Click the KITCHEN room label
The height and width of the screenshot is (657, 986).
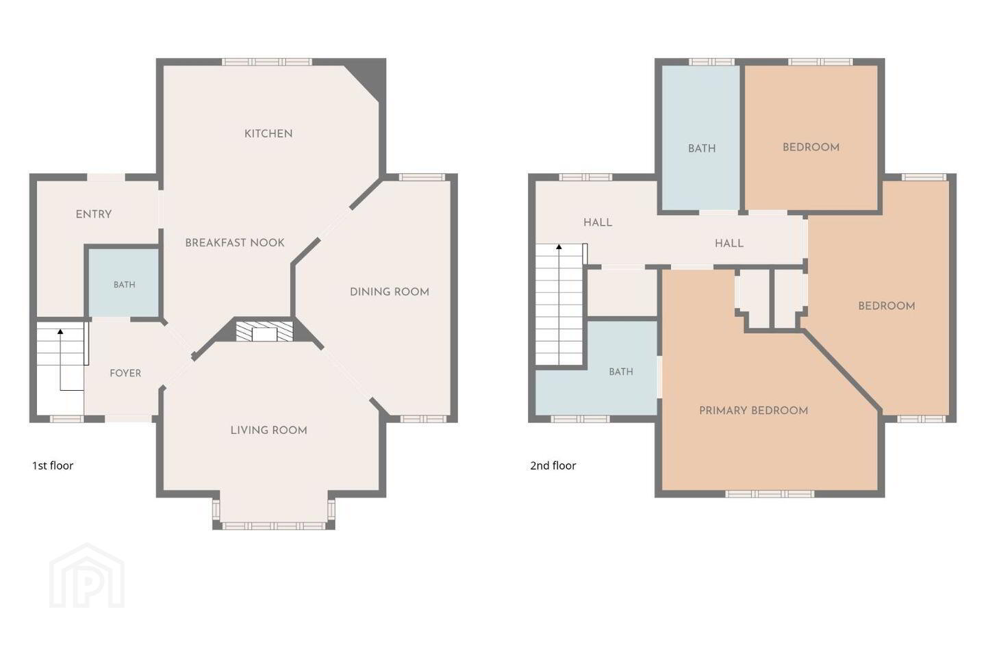(x=268, y=133)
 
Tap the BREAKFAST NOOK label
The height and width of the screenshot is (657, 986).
(x=235, y=242)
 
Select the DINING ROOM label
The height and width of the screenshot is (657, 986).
(x=390, y=292)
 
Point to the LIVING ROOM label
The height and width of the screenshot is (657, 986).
(x=269, y=430)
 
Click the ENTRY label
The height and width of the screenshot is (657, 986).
(x=94, y=214)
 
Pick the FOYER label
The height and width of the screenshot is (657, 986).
(x=125, y=373)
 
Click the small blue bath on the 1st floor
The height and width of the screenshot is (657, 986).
(x=124, y=283)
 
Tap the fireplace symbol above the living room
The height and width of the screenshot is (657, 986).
(x=264, y=331)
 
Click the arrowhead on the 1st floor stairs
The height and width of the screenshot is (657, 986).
(x=60, y=331)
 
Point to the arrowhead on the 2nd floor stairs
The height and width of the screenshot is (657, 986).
(x=559, y=247)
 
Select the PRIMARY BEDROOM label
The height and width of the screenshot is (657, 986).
(x=754, y=411)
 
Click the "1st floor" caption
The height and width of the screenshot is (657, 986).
(x=53, y=465)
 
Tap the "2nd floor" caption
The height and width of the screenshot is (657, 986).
(x=553, y=465)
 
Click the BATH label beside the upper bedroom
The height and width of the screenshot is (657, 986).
(x=702, y=149)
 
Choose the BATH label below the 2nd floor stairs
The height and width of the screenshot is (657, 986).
(x=621, y=372)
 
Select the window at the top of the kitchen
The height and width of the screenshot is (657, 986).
(x=267, y=62)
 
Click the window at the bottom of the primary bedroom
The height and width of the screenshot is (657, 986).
(x=770, y=494)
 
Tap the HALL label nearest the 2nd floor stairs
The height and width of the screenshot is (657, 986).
(x=598, y=222)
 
